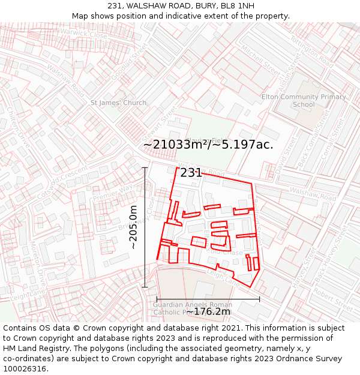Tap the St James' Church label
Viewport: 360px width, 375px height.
tap(118, 103)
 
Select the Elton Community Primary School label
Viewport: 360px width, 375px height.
tap(304, 100)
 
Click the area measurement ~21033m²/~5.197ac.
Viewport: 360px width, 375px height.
tap(208, 145)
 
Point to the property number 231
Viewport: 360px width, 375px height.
tap(191, 173)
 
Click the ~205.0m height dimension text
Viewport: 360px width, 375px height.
tap(133, 227)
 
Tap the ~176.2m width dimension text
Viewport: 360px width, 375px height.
tap(208, 312)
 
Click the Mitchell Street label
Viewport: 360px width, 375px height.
tap(261, 62)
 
